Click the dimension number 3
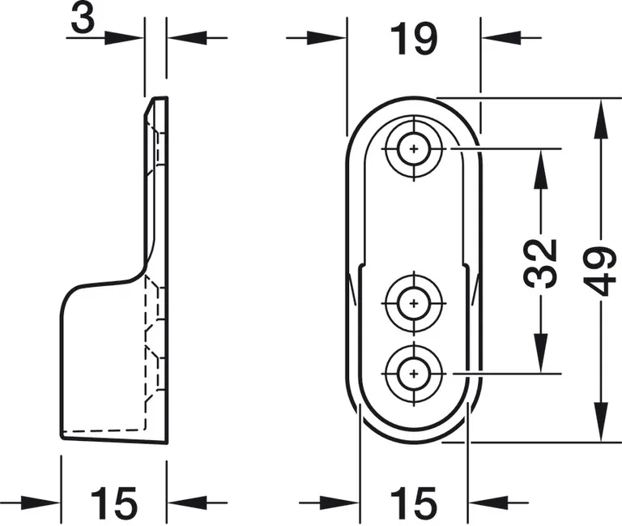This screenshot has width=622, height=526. click(x=82, y=20)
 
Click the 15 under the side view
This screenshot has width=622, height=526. click(x=114, y=502)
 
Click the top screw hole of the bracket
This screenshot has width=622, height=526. click(x=415, y=149)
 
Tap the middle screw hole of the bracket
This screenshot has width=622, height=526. click(x=415, y=302)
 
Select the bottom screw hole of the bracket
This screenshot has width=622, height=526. click(x=415, y=374)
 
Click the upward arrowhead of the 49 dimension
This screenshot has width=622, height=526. click(x=601, y=113)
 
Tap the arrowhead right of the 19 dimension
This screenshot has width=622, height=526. click(x=497, y=38)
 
